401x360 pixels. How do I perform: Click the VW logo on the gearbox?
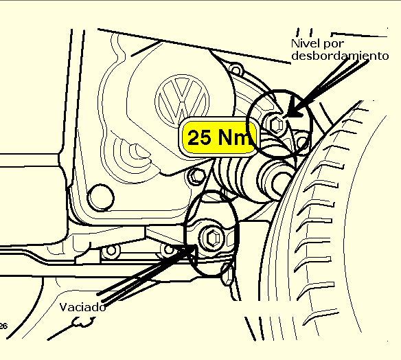click(x=182, y=100)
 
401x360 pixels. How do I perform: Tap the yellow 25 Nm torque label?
click(x=219, y=137)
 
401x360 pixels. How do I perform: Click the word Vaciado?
click(x=82, y=307)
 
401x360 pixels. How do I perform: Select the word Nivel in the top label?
click(x=305, y=43)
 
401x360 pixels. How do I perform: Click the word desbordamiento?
click(x=340, y=56)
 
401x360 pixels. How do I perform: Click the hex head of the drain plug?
click(x=213, y=238)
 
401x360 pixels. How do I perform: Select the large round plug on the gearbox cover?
click(x=101, y=198)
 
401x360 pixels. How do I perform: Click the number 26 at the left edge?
click(x=3, y=326)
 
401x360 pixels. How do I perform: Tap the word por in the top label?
click(x=334, y=44)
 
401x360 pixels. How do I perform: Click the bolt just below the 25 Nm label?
click(x=196, y=175)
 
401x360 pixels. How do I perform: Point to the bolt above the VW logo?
click(x=236, y=69)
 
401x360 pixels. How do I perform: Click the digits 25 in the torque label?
click(x=200, y=137)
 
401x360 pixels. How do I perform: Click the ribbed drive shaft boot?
click(x=240, y=177)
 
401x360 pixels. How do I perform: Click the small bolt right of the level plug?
click(x=302, y=142)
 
